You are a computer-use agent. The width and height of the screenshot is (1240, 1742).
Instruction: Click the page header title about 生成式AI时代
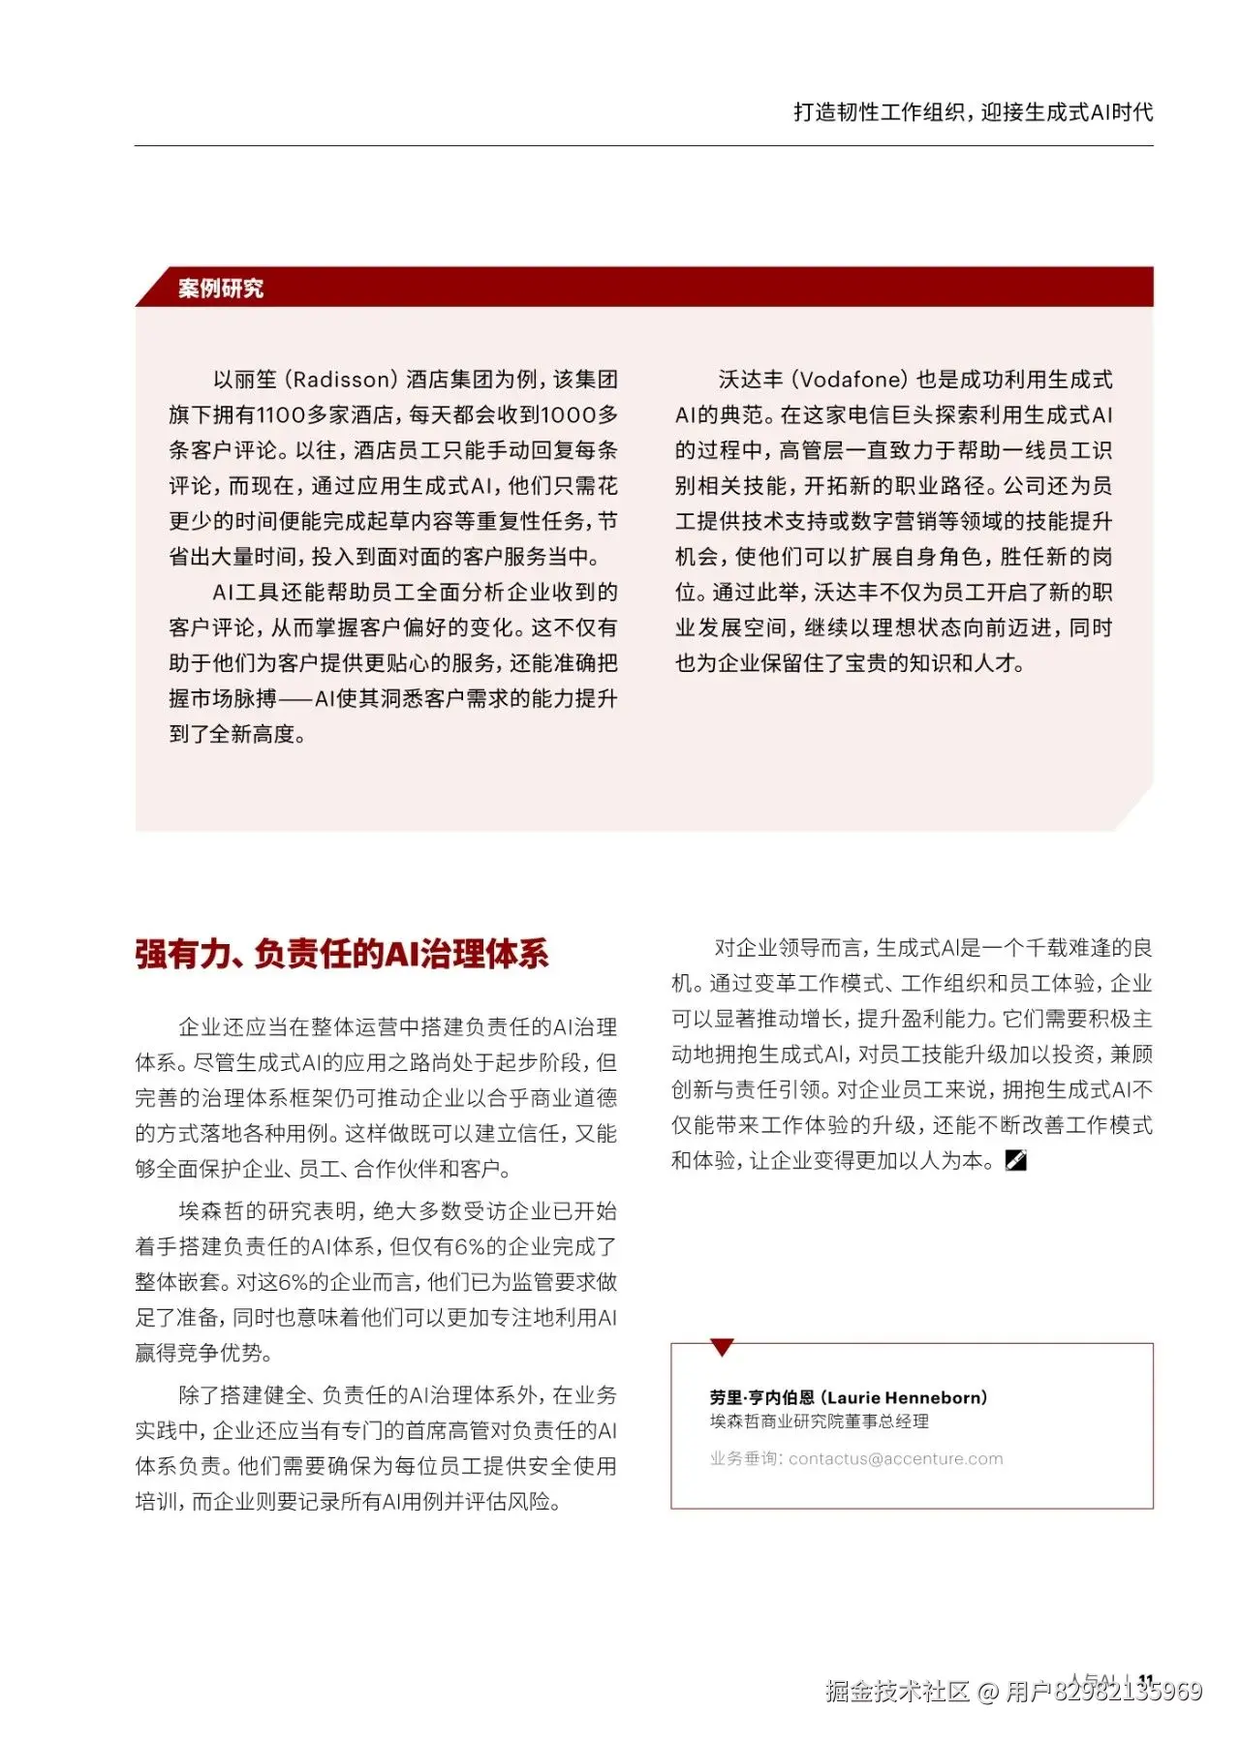(x=973, y=112)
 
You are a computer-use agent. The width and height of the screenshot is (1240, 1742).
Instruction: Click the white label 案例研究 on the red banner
(x=221, y=289)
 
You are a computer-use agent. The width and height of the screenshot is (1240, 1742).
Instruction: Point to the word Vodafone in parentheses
(x=853, y=380)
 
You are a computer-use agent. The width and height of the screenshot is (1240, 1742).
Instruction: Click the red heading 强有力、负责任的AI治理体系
(x=342, y=955)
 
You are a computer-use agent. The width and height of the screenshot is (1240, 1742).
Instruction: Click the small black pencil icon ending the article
(x=1015, y=1160)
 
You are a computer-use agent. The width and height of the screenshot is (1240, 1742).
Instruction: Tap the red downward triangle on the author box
(x=722, y=1347)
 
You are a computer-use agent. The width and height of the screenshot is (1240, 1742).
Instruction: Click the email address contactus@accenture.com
(x=896, y=1459)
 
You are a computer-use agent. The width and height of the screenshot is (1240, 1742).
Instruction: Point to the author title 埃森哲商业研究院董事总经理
(x=819, y=1421)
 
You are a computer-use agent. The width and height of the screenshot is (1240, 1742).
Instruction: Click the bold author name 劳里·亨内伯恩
(x=761, y=1397)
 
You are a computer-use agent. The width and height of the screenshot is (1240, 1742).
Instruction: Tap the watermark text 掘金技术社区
(x=897, y=1692)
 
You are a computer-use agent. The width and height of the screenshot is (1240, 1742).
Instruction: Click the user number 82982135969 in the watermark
(x=1128, y=1692)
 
